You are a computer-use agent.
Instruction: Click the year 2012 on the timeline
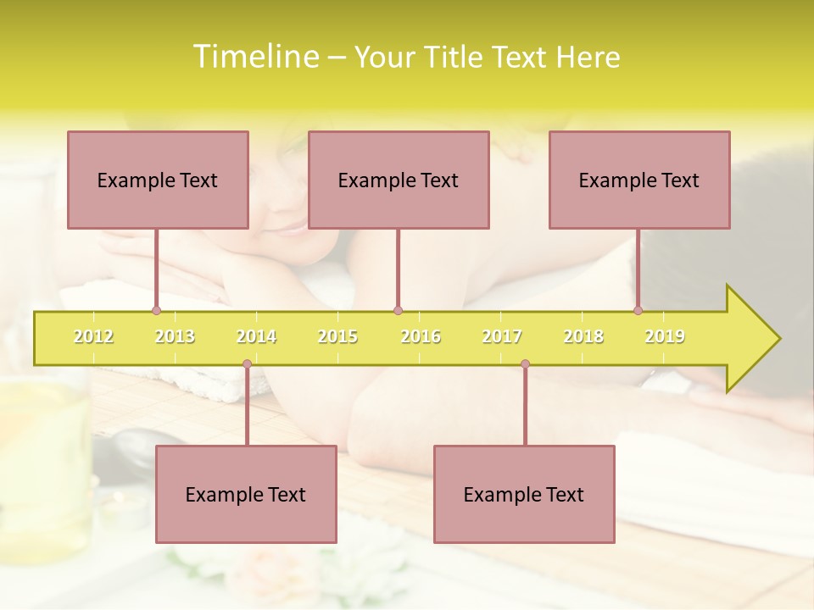coord(93,336)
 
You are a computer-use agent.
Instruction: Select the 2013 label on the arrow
coord(175,336)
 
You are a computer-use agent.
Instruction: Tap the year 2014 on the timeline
coord(256,336)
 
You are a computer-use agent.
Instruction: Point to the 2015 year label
coord(337,336)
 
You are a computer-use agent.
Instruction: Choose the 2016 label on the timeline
coord(421,336)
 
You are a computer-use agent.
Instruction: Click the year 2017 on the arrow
coord(502,336)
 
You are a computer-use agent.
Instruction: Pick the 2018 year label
coord(583,336)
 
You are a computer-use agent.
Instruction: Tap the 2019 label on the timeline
coord(665,336)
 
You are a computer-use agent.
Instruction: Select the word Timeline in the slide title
coord(254,57)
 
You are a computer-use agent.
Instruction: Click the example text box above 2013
coord(158,180)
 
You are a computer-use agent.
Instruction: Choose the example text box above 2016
coord(399,180)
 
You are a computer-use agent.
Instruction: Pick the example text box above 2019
coord(639,180)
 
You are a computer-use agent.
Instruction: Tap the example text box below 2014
coord(246,494)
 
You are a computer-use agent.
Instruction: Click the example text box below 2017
coord(524,494)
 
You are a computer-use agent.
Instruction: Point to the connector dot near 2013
coord(156,311)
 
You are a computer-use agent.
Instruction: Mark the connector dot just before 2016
coord(398,311)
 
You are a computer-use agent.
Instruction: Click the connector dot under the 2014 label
coord(247,364)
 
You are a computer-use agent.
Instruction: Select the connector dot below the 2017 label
coord(525,364)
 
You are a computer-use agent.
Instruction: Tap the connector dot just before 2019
coord(638,311)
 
